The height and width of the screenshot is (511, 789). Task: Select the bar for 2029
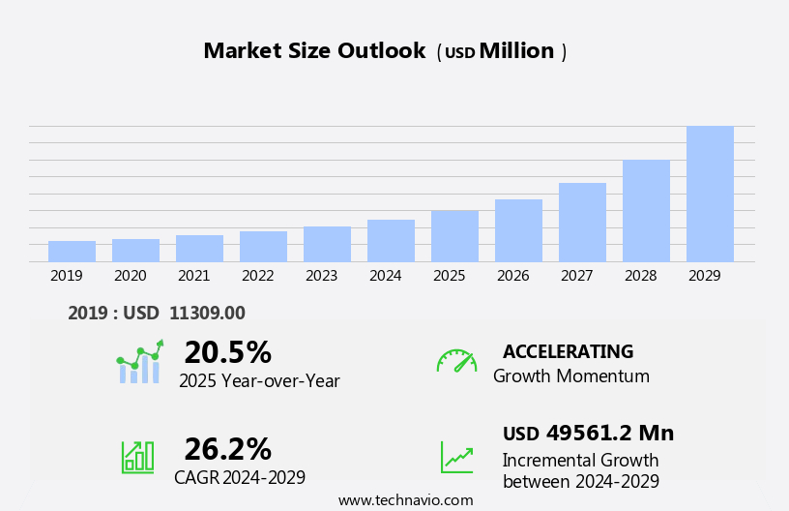[x=710, y=194]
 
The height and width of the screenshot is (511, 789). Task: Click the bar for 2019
[x=72, y=251]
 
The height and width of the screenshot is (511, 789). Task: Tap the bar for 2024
[x=391, y=240]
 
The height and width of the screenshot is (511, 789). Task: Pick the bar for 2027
[x=582, y=222]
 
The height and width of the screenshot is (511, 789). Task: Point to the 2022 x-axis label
[x=257, y=276]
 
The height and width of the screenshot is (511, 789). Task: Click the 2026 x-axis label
[x=512, y=276]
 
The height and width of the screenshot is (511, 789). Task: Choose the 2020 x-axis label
[x=130, y=276]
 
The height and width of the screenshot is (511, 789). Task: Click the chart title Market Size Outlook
[x=314, y=51]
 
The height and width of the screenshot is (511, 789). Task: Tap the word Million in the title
[x=516, y=51]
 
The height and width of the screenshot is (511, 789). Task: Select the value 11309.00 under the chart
[x=207, y=313]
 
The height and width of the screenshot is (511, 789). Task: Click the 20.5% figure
[x=227, y=352]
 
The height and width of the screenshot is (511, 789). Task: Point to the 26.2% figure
[x=227, y=449]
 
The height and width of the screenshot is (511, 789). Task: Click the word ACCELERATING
[x=568, y=352]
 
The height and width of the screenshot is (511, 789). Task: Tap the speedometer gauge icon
[x=456, y=361]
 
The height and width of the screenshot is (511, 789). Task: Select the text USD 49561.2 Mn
[x=588, y=433]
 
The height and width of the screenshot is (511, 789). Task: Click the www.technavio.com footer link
[x=405, y=500]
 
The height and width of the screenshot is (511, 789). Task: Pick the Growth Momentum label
[x=570, y=376]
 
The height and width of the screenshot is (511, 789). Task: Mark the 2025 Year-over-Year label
[x=259, y=381]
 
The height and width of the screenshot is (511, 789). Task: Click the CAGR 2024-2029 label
[x=240, y=478]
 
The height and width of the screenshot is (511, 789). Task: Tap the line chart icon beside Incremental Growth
[x=456, y=457]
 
